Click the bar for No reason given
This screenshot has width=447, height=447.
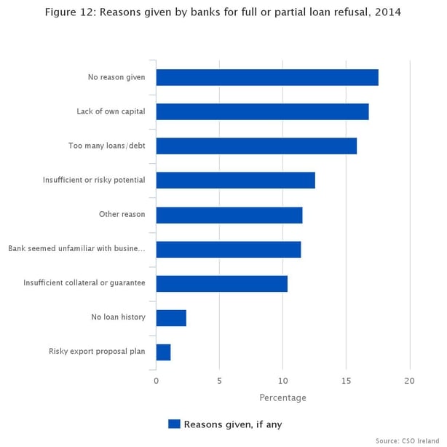pos(266,77)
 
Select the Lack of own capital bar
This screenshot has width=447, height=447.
pos(262,111)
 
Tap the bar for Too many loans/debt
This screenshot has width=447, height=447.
pos(256,146)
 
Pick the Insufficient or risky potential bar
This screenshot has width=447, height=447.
pos(235,181)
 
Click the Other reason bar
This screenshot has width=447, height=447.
pos(229,215)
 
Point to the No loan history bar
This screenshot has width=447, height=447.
pos(171,318)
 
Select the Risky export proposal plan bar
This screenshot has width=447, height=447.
pos(163,352)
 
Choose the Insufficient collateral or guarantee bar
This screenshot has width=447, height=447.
pos(221,284)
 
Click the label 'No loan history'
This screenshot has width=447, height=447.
pos(118,317)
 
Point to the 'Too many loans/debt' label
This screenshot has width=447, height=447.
pos(107,146)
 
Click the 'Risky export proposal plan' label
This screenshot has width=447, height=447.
pos(97,352)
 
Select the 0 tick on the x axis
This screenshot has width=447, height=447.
pos(156,381)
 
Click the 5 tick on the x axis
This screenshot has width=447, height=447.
pos(219,381)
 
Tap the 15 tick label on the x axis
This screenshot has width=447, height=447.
pos(346,381)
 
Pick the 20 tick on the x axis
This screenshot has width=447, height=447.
pos(410,381)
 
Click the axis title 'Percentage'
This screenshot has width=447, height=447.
pos(282,398)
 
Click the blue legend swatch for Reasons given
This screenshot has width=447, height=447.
pos(174,424)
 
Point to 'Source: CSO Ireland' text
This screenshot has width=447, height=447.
pos(407,440)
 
